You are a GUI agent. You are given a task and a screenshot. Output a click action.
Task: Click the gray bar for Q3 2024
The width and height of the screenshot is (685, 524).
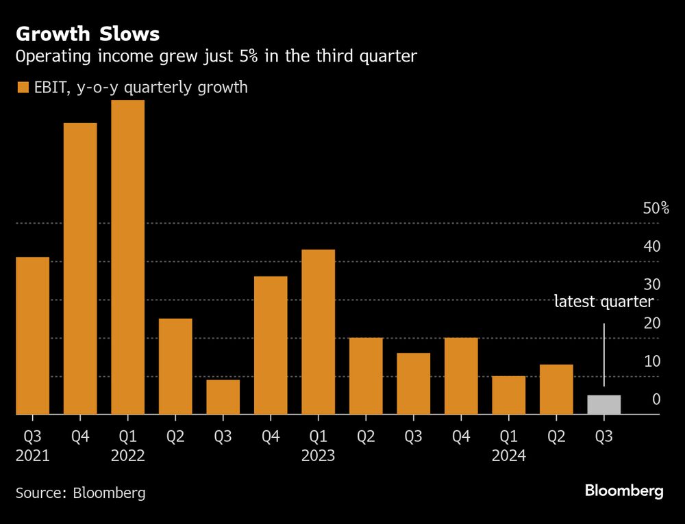pos(603,405)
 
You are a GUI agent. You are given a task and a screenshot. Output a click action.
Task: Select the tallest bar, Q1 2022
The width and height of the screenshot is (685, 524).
pos(127,257)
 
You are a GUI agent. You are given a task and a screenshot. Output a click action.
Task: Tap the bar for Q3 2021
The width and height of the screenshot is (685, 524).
pos(32,336)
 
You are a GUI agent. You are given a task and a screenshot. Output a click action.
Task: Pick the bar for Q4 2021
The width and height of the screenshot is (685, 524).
pos(80,269)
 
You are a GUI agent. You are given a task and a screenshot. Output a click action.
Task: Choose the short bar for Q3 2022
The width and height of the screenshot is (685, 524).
pos(223,397)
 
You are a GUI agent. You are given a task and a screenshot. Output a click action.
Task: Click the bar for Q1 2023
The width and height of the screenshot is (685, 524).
pos(318,332)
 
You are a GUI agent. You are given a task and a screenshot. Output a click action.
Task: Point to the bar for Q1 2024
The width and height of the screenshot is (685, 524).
pos(508,395)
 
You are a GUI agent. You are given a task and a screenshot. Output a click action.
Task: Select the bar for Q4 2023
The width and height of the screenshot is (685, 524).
pos(461,376)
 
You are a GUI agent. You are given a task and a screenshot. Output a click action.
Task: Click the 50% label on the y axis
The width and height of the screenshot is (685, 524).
pos(656,209)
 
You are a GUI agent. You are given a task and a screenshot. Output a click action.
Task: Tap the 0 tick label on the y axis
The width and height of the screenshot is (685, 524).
pos(656,399)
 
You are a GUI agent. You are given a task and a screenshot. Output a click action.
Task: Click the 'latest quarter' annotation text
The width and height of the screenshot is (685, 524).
pos(603,302)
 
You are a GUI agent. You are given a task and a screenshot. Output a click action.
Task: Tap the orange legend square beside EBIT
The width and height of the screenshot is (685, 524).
pos(23,88)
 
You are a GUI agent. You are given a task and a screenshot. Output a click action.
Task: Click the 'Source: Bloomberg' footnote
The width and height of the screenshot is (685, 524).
pos(80,493)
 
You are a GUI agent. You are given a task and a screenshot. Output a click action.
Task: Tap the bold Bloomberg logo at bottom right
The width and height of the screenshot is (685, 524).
pos(623,491)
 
